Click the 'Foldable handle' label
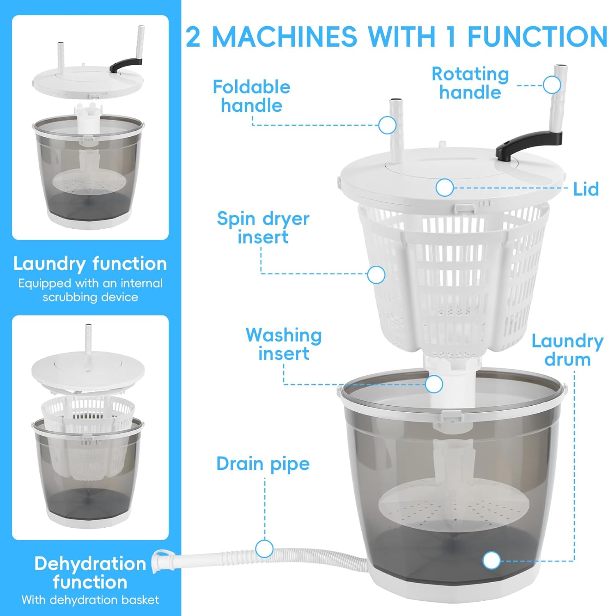pyautogui.click(x=251, y=96)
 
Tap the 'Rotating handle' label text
pyautogui.click(x=470, y=83)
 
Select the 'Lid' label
pyautogui.click(x=586, y=189)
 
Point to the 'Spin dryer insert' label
pyautogui.click(x=263, y=228)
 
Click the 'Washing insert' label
pyautogui.click(x=283, y=344)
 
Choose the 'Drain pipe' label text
pyautogui.click(x=263, y=464)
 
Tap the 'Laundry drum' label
pyautogui.click(x=567, y=350)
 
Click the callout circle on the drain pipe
pyautogui.click(x=264, y=549)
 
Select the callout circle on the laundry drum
pyautogui.click(x=491, y=561)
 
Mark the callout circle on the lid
pyautogui.click(x=444, y=188)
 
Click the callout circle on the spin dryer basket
pyautogui.click(x=376, y=275)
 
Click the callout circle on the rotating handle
pyautogui.click(x=552, y=85)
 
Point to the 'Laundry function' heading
pyautogui.click(x=90, y=264)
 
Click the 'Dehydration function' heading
pyautogui.click(x=90, y=573)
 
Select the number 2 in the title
pyautogui.click(x=193, y=37)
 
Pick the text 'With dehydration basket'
pyautogui.click(x=90, y=600)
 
